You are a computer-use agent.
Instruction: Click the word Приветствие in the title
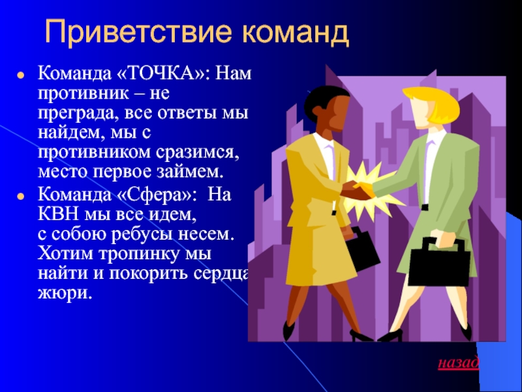point(138,32)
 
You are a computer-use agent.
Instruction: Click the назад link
point(459,363)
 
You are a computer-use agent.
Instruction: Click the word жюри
point(64,295)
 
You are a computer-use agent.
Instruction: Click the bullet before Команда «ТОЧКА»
point(21,75)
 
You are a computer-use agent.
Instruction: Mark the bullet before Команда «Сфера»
point(21,197)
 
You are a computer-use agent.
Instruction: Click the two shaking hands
point(356,191)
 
